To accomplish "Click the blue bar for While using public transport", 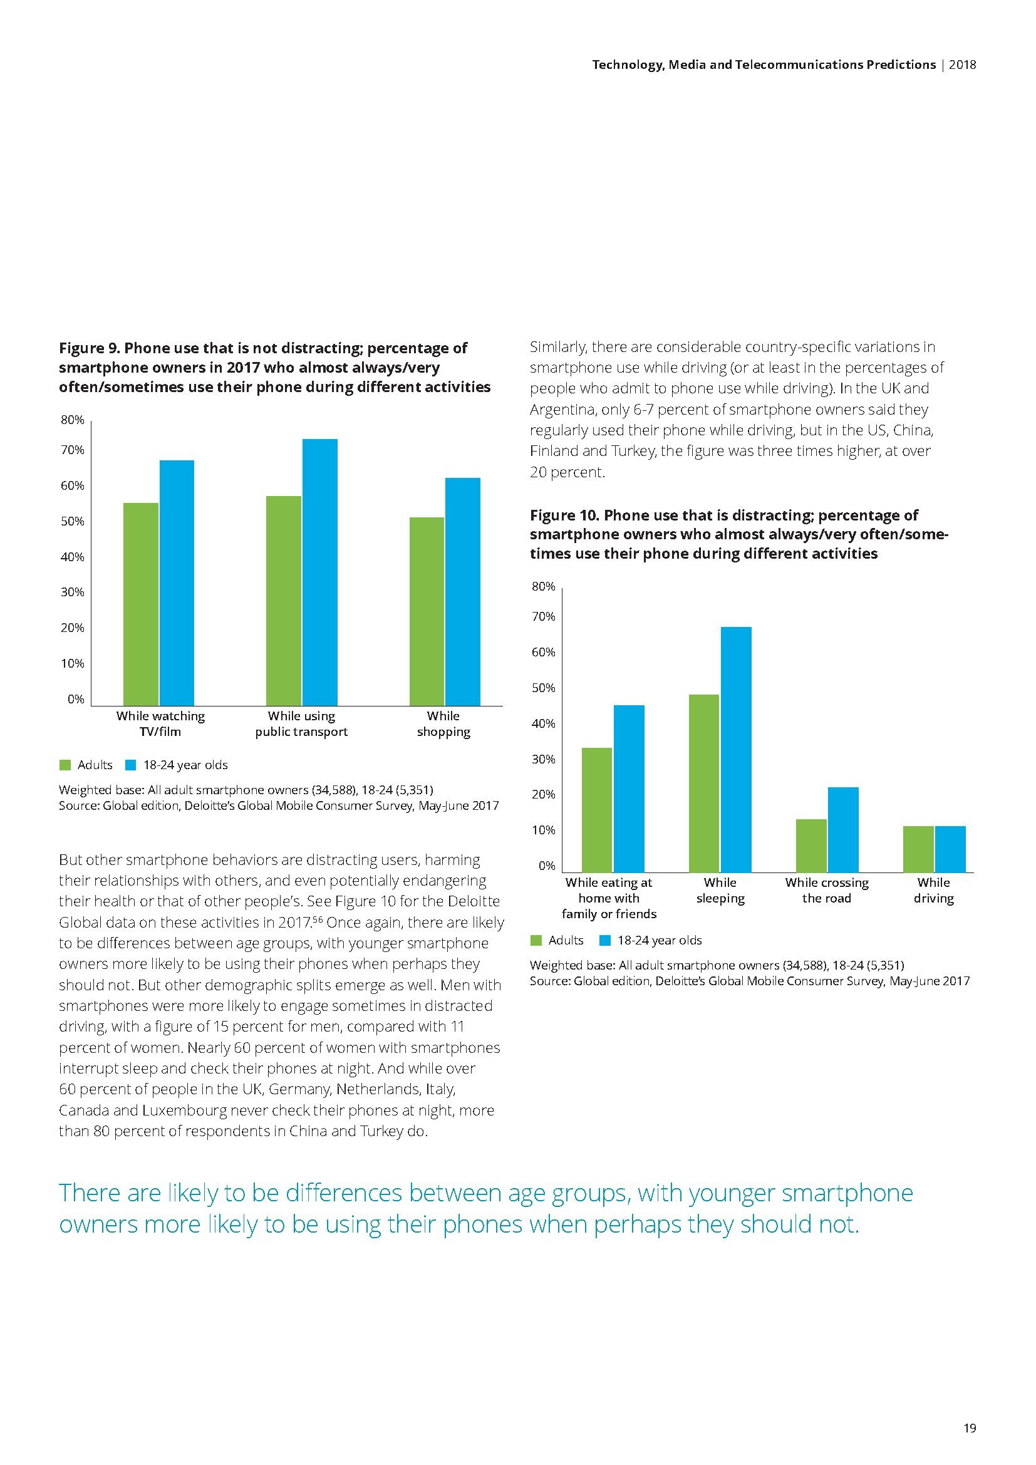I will point(319,572).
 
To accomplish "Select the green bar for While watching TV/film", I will point(140,604).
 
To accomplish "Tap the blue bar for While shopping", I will point(462,591).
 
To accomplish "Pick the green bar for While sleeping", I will point(703,783).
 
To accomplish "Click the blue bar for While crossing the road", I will point(842,829).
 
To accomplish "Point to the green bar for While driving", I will point(918,849).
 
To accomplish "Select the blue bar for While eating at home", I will point(628,788).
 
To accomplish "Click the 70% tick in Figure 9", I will point(72,450).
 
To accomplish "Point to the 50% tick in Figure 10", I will point(544,688).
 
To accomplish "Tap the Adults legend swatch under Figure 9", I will point(65,765).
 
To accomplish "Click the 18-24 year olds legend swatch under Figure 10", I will point(606,941).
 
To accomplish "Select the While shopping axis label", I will point(443,723).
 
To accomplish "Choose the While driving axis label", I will point(933,890).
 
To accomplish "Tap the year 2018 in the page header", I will point(963,65).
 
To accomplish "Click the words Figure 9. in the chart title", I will point(89,348).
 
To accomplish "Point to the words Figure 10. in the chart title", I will point(563,515).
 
